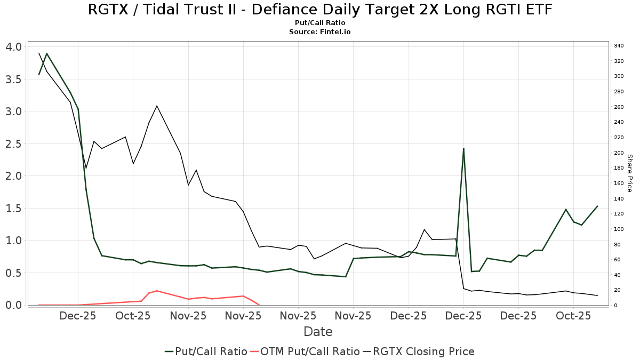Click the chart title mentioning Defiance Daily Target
coord(319,10)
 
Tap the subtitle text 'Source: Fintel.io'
coord(319,32)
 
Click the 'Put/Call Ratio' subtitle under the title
coord(319,23)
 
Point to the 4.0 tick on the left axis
coord(13,47)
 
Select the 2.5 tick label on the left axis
coord(13,144)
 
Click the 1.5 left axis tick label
coord(13,209)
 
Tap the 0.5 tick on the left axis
coord(13,273)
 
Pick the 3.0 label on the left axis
coord(13,111)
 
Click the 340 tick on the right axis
coord(619,46)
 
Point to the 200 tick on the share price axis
coord(619,153)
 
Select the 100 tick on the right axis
coord(619,229)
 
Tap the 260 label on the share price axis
coord(619,107)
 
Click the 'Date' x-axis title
coord(318,332)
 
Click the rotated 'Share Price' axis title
coord(629,173)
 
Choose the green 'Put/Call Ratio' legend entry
coord(206,351)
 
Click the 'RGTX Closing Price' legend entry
coord(419,351)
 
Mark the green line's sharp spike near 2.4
coord(463,148)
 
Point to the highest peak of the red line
coord(157,291)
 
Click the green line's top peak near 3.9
coord(47,53)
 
